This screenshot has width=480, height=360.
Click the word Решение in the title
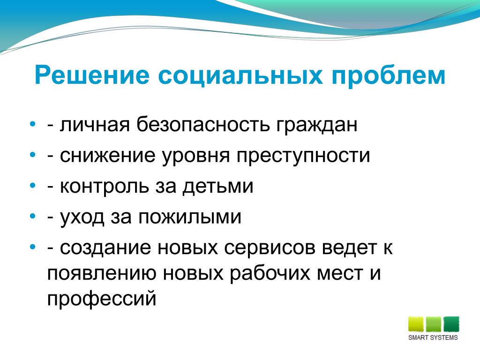click(x=92, y=75)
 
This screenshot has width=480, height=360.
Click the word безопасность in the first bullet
click(x=203, y=124)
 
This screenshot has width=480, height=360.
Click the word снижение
click(x=107, y=155)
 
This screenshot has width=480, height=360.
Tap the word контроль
click(x=104, y=186)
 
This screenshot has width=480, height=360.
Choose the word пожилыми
click(x=190, y=217)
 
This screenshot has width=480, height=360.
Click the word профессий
click(x=102, y=299)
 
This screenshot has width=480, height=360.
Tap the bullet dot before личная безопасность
click(x=33, y=124)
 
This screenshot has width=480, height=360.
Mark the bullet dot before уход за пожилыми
click(x=33, y=216)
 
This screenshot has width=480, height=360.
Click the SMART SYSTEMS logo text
click(x=433, y=337)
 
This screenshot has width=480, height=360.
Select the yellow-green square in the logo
click(x=416, y=324)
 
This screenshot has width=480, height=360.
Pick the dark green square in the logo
click(x=451, y=324)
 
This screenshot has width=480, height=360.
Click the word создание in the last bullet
click(x=105, y=248)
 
